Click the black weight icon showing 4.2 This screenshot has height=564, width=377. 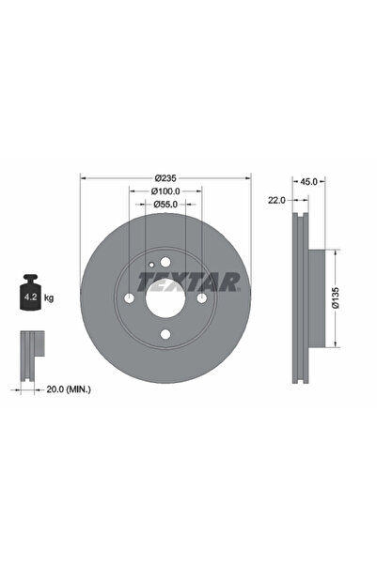click(x=29, y=296)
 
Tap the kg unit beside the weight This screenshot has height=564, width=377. click(x=49, y=297)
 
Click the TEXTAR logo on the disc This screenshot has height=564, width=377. click(x=189, y=281)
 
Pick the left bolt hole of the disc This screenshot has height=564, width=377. click(x=128, y=298)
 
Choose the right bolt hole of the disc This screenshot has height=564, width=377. click(x=200, y=298)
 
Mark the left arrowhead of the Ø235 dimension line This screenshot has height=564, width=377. click(x=83, y=178)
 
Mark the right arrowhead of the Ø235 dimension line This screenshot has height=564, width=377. click(x=246, y=178)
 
